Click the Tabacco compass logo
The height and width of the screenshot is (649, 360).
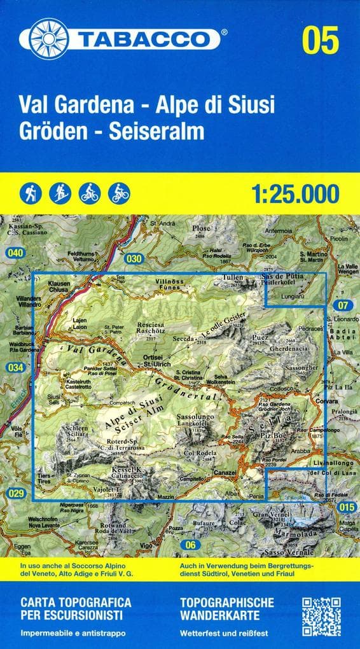[48, 39]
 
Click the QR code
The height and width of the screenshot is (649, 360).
[321, 617]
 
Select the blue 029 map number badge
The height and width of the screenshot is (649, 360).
[17, 493]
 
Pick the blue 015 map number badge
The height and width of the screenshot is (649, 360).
[345, 506]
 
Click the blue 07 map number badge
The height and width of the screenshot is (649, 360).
[344, 304]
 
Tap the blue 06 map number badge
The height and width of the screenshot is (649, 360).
[189, 544]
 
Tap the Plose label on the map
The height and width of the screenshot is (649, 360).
[201, 228]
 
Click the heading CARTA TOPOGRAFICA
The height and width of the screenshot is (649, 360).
[76, 601]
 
